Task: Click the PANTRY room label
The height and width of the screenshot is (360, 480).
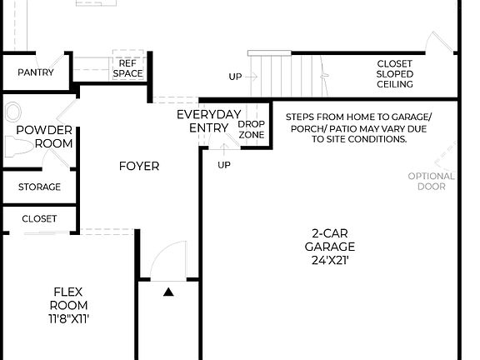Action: tap(36, 72)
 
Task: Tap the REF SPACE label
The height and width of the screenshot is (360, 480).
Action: tap(128, 68)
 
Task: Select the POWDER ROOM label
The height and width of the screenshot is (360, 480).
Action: tap(44, 137)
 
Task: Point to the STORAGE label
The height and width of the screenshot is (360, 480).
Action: tap(39, 187)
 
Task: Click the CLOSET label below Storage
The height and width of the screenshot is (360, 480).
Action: tap(39, 219)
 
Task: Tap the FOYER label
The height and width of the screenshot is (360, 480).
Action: tap(139, 166)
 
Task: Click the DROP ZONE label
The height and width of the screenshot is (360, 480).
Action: tap(252, 129)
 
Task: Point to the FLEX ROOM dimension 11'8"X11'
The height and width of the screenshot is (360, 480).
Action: tap(70, 318)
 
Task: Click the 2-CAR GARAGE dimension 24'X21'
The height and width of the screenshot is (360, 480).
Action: tap(329, 260)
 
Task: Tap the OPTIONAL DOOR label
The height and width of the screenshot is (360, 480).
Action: tap(432, 181)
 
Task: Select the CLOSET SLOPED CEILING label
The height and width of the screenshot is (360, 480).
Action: tap(394, 74)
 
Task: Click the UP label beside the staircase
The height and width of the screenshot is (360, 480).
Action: tap(236, 77)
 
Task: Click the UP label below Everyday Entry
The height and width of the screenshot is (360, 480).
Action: tap(224, 165)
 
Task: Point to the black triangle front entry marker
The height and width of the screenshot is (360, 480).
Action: tap(168, 292)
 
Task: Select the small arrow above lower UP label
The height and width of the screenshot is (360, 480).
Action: tap(223, 150)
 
